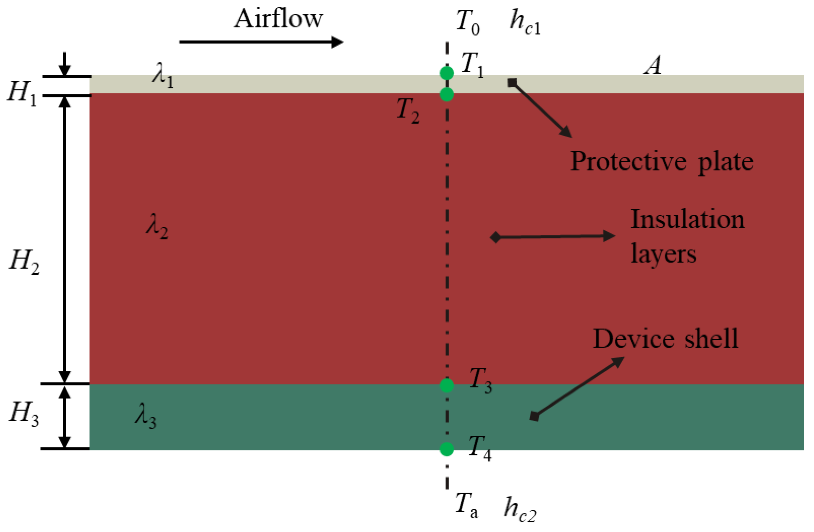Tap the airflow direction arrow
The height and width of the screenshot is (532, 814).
[261, 42]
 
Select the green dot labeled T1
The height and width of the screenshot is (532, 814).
[447, 73]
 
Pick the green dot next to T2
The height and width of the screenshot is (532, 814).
[447, 94]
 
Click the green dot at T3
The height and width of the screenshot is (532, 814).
[447, 385]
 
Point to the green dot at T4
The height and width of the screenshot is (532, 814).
[447, 449]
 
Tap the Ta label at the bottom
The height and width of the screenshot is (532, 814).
[467, 504]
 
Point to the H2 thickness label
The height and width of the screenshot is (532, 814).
[24, 261]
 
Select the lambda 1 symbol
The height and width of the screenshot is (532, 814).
[163, 75]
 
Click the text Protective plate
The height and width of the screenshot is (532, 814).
[661, 162]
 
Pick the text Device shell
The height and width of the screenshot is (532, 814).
[665, 339]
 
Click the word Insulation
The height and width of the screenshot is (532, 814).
[687, 220]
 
